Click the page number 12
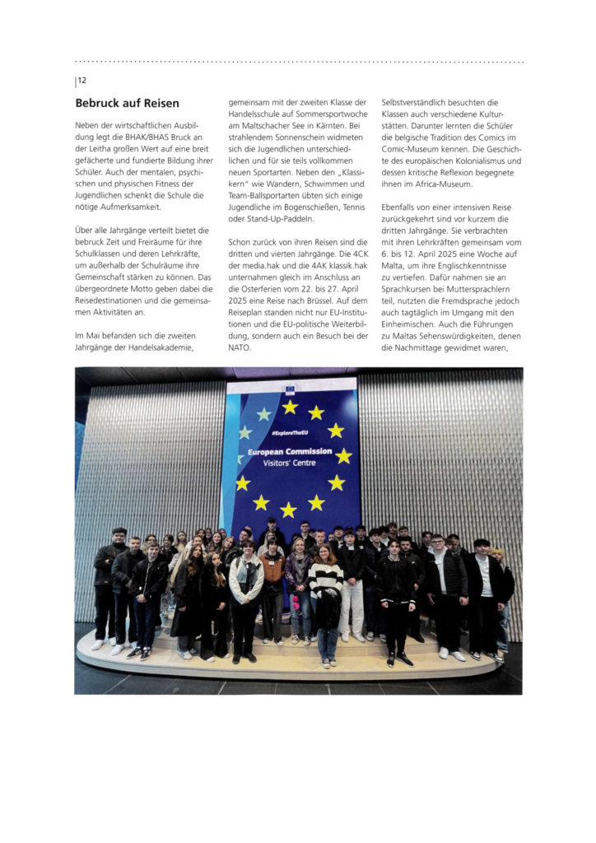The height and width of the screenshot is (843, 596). click(82, 80)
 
